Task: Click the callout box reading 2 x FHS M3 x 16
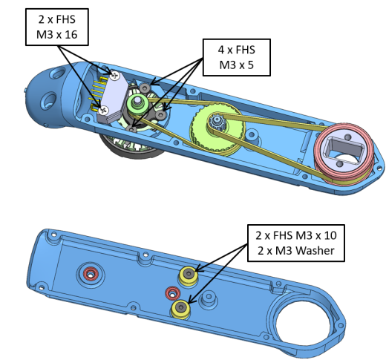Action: point(57,27)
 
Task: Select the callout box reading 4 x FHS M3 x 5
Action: point(237,57)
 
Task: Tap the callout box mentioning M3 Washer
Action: point(296,243)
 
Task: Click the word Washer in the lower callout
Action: point(315,251)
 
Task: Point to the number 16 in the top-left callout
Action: point(71,35)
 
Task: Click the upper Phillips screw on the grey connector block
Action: point(115,75)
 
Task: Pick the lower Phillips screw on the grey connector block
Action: point(104,111)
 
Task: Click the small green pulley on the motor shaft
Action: point(137,103)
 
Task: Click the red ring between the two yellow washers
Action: point(173,294)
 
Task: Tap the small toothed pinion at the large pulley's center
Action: point(217,122)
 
